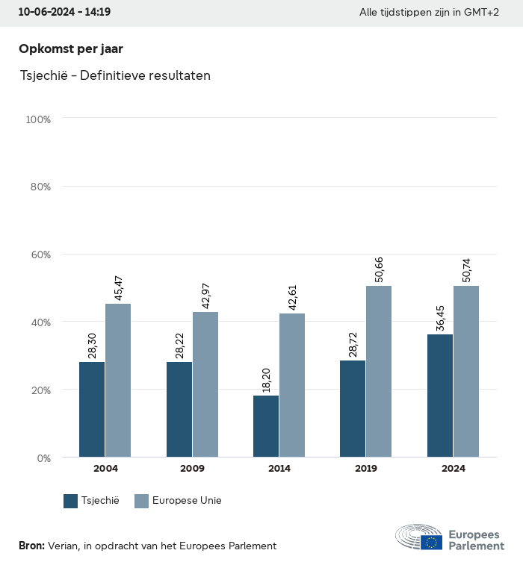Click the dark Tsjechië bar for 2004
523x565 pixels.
(92, 409)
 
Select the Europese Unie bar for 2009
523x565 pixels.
(205, 384)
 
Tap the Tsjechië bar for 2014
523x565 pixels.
(266, 426)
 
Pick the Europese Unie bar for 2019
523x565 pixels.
(379, 371)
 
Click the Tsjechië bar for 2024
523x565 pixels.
(440, 396)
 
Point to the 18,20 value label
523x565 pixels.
(266, 380)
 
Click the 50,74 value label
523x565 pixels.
(466, 269)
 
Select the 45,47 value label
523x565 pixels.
(118, 288)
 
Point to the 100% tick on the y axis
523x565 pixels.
(38, 119)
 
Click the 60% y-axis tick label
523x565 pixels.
(40, 255)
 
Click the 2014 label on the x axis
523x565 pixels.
(279, 469)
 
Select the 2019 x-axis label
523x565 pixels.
(366, 469)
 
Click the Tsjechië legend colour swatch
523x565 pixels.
(71, 501)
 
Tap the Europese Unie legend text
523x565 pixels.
(187, 501)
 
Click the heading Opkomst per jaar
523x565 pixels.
(70, 49)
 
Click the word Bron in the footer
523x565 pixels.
(31, 546)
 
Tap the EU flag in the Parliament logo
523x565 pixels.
(431, 542)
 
